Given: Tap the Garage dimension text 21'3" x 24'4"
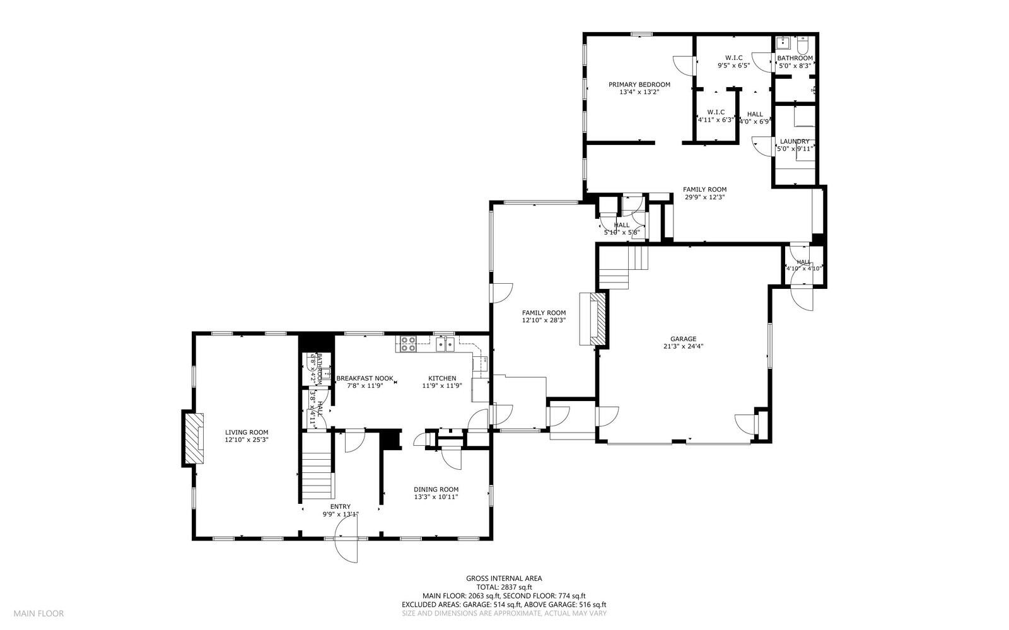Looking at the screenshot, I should [683, 346].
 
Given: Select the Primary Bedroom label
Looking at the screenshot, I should [639, 85].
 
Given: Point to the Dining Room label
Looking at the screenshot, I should [436, 489].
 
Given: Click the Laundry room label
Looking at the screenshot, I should [794, 141].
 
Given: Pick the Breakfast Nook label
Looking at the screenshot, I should [365, 378].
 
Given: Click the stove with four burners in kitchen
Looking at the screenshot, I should [407, 344].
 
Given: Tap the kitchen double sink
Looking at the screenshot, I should [446, 344].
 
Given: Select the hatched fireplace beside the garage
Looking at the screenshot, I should [597, 318].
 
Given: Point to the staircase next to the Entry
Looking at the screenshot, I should [317, 470].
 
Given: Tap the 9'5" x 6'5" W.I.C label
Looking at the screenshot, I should [733, 61].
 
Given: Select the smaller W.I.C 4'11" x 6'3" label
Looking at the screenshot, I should [716, 115].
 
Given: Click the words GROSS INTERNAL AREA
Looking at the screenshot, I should [504, 578].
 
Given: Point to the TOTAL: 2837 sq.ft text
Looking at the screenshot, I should [504, 586].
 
